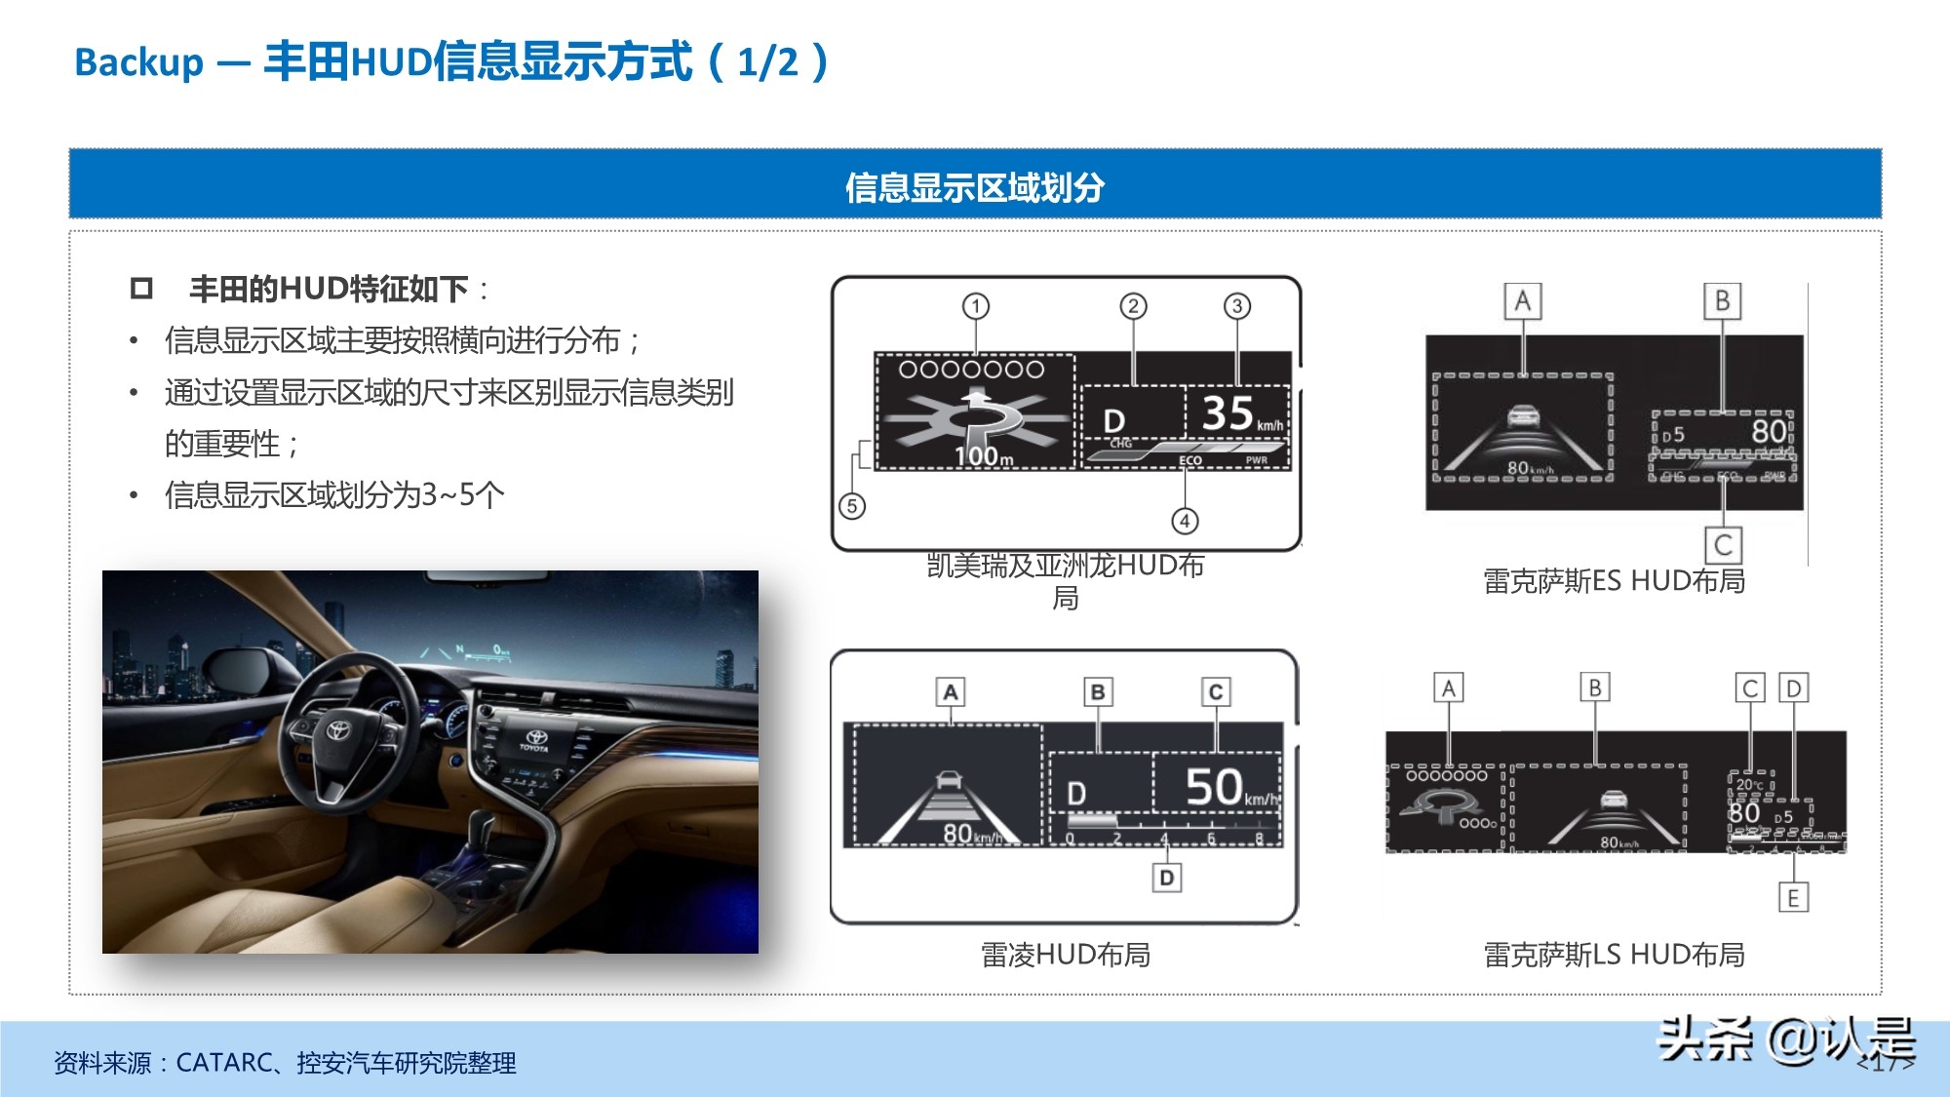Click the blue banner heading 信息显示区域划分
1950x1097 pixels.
(x=974, y=186)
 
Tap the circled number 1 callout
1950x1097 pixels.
(x=975, y=306)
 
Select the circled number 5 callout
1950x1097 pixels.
(x=852, y=506)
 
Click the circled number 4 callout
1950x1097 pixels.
(x=1185, y=521)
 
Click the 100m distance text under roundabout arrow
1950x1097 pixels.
(x=983, y=456)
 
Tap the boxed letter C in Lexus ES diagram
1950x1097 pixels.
(x=1723, y=544)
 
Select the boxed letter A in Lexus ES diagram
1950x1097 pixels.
(x=1522, y=301)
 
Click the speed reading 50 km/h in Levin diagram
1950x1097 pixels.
(x=1228, y=787)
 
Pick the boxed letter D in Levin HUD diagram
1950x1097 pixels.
(x=1167, y=878)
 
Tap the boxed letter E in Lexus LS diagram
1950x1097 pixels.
(x=1793, y=897)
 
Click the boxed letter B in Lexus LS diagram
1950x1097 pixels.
(x=1595, y=687)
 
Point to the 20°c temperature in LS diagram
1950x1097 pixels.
(x=1750, y=784)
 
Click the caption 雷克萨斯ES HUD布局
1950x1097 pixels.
(x=1614, y=581)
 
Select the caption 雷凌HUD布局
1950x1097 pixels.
(x=1065, y=955)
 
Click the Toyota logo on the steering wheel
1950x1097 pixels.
(x=337, y=730)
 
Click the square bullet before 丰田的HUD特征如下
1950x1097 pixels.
(x=142, y=289)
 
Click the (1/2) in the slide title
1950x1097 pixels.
(x=768, y=62)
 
